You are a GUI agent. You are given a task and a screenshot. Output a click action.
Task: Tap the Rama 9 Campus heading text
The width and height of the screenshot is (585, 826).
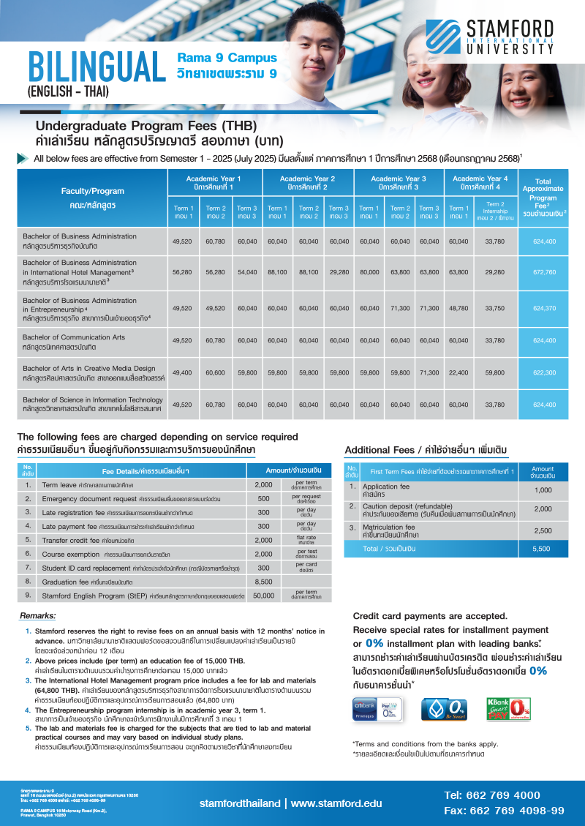[227, 58]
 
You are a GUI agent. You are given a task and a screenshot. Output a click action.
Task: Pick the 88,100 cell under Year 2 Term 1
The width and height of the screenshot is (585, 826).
[277, 272]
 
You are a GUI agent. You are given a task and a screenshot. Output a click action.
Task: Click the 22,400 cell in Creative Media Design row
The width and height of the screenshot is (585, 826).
[458, 372]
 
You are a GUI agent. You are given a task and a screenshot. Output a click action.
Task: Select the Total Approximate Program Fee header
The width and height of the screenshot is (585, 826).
[543, 192]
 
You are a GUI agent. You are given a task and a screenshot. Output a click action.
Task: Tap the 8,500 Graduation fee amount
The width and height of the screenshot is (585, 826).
[263, 581]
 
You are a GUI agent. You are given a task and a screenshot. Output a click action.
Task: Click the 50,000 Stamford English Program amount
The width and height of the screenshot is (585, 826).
[263, 596]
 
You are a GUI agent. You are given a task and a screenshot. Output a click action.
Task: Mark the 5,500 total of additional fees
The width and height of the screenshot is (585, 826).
[543, 548]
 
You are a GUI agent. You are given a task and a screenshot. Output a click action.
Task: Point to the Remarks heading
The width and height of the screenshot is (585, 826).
[38, 616]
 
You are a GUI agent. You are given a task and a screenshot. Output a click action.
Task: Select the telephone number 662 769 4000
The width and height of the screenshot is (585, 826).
[491, 795]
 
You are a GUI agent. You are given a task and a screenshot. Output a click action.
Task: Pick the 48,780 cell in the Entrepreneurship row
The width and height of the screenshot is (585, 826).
[458, 308]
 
